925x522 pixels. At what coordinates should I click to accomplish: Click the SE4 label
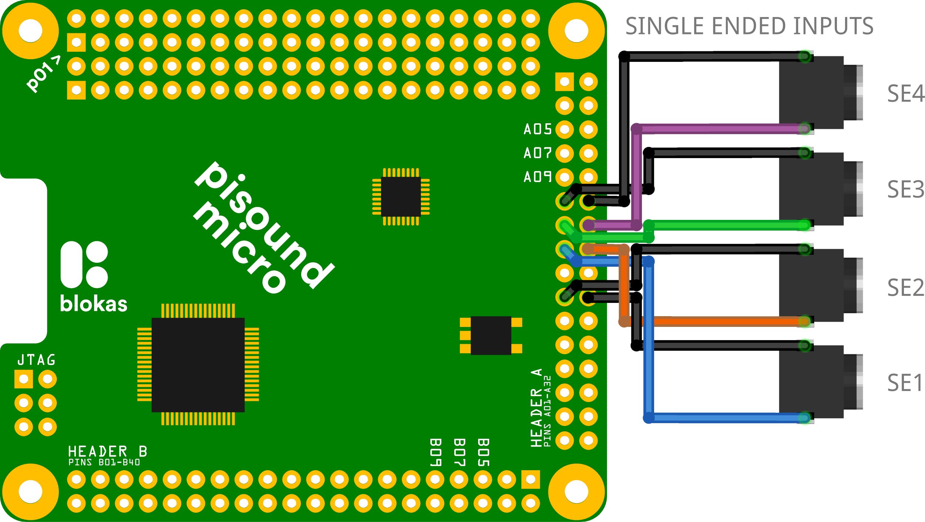pyautogui.click(x=905, y=94)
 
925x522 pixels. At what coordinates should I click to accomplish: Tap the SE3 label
pyautogui.click(x=905, y=190)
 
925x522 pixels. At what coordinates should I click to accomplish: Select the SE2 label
pyautogui.click(x=905, y=288)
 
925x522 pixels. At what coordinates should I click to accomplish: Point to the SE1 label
pyautogui.click(x=904, y=383)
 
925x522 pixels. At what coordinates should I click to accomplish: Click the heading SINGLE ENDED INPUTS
pyautogui.click(x=749, y=26)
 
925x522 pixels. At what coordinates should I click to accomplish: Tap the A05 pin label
pyautogui.click(x=537, y=129)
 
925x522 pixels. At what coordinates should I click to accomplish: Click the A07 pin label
pyautogui.click(x=537, y=153)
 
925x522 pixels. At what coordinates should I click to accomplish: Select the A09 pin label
pyautogui.click(x=537, y=177)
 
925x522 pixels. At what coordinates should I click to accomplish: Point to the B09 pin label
pyautogui.click(x=435, y=452)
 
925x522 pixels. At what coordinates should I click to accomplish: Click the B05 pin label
pyautogui.click(x=483, y=452)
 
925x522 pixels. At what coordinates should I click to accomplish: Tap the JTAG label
pyautogui.click(x=36, y=360)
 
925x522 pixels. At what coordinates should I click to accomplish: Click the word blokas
pyautogui.click(x=94, y=304)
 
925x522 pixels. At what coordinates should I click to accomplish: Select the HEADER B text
pyautogui.click(x=107, y=452)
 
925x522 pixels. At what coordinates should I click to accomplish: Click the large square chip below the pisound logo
pyautogui.click(x=198, y=365)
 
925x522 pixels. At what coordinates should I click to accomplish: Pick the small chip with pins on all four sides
pyautogui.click(x=401, y=197)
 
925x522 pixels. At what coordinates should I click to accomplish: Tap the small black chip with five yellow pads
pyautogui.click(x=491, y=335)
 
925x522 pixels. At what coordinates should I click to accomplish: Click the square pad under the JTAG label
pyautogui.click(x=24, y=379)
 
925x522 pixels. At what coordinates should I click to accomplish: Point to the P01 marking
pyautogui.click(x=43, y=74)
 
